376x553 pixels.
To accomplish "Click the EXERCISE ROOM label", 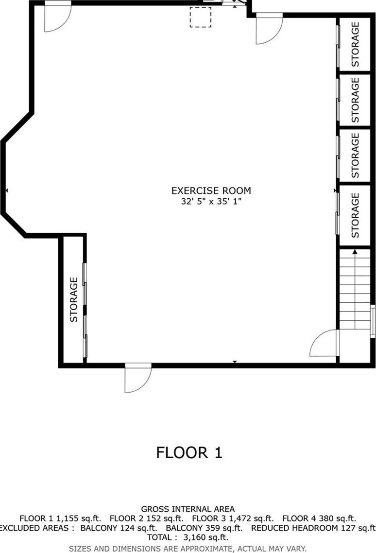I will [211, 190].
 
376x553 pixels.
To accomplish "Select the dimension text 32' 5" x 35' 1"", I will [211, 201].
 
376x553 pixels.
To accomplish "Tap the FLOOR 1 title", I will [189, 453].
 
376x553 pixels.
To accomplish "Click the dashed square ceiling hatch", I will [200, 17].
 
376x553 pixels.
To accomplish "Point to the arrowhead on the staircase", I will [355, 252].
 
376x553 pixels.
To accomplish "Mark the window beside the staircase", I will [373, 321].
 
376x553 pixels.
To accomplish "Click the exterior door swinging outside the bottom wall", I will [137, 378].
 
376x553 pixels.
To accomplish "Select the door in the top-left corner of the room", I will [57, 17].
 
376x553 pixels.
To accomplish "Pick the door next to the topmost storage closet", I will [269, 29].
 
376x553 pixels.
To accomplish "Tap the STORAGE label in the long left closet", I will [74, 299].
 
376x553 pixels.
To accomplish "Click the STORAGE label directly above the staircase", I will [355, 215].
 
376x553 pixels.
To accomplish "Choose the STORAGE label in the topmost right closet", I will [355, 44].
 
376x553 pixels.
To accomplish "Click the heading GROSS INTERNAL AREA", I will [188, 509].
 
